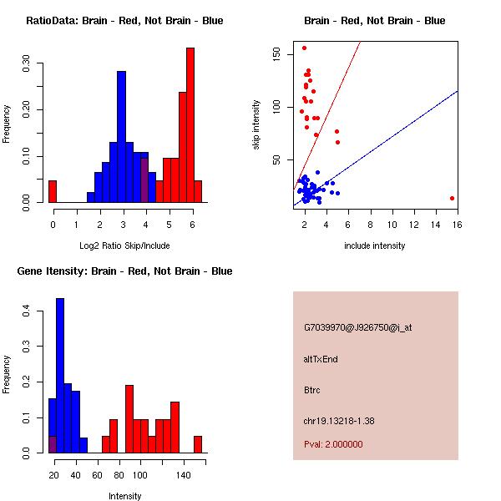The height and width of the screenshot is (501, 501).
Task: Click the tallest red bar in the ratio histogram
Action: click(x=190, y=125)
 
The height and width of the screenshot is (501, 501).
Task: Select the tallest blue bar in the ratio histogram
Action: click(x=121, y=137)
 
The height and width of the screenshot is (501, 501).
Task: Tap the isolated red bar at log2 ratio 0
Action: click(x=53, y=191)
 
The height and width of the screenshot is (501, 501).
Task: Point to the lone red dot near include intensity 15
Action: click(x=452, y=198)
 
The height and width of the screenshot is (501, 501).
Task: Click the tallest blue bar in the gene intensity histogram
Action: click(x=60, y=376)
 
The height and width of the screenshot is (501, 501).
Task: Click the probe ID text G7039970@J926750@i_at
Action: click(x=357, y=327)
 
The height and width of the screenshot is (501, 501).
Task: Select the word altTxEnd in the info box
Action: click(x=321, y=359)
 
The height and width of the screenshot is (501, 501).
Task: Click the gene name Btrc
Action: click(x=312, y=390)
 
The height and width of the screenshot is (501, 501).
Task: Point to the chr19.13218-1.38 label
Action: click(x=339, y=421)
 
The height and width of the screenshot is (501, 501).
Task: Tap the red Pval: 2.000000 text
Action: click(x=333, y=444)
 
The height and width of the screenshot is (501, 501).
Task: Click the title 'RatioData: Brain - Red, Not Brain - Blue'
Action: click(x=124, y=21)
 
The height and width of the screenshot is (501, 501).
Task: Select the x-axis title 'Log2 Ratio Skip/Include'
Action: click(x=124, y=245)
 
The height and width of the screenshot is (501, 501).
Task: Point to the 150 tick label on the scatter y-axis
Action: click(x=276, y=54)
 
